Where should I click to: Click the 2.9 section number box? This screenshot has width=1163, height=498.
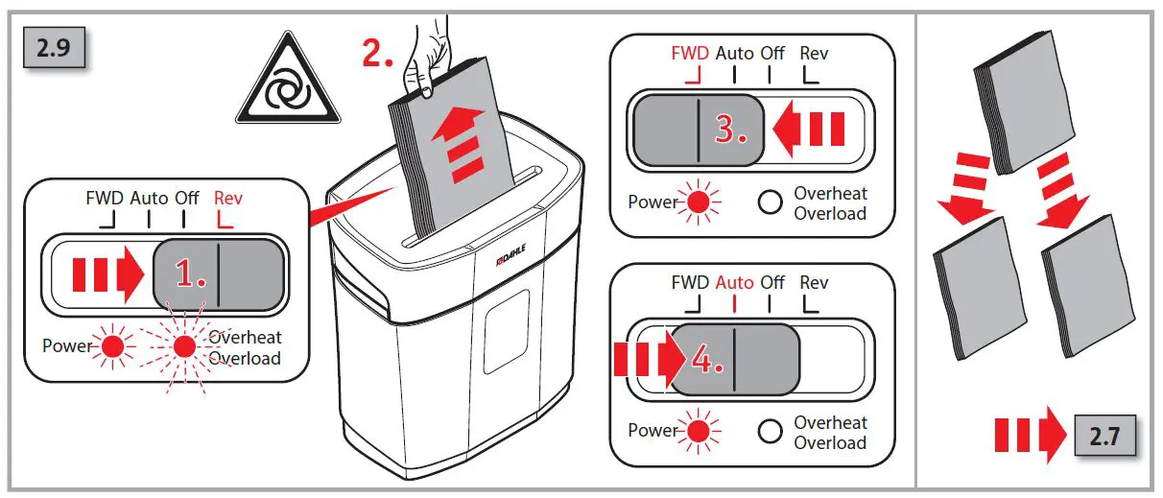55,47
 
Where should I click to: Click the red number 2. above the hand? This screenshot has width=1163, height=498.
377,55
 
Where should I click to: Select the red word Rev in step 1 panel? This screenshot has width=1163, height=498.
228,198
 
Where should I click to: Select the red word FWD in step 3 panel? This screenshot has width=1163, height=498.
690,53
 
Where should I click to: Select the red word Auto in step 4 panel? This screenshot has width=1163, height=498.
734,282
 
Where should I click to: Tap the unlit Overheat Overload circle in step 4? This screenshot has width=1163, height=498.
770,433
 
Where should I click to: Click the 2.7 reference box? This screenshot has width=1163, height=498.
1104,437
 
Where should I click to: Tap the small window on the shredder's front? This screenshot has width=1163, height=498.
507,327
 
